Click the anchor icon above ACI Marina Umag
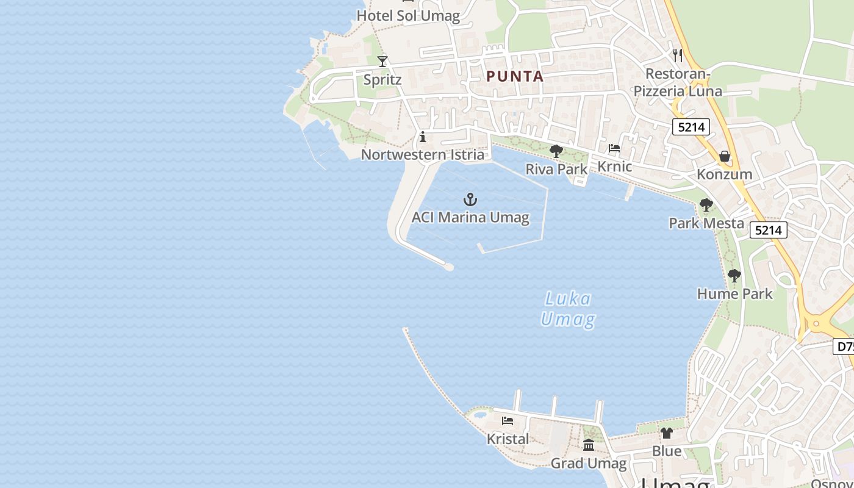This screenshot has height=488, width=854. click(x=470, y=199)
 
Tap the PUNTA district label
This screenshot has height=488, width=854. click(x=515, y=76)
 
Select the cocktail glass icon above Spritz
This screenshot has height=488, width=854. click(x=382, y=61)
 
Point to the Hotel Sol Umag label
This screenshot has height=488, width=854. click(x=408, y=16)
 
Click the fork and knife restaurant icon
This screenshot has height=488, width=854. click(x=677, y=56)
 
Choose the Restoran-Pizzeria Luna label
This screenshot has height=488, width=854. click(x=678, y=83)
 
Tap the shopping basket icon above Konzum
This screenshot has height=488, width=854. click(x=725, y=156)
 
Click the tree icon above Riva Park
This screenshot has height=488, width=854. click(x=556, y=151)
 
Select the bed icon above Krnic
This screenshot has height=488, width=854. click(x=614, y=148)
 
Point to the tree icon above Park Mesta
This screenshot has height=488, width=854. click(x=706, y=205)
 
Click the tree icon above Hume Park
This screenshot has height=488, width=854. click(x=734, y=276)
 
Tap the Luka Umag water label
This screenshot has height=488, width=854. click(x=567, y=309)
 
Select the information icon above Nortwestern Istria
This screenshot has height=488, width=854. click(x=423, y=137)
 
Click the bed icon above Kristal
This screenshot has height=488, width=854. click(x=508, y=420)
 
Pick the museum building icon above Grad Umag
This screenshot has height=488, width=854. click(x=589, y=445)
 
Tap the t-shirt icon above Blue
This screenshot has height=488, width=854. click(x=667, y=433)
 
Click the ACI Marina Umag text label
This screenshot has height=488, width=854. click(x=470, y=217)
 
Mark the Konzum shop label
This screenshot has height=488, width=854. click(x=725, y=174)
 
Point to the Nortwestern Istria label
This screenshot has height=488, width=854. click(x=423, y=155)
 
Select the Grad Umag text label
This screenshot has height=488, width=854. click(x=589, y=464)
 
